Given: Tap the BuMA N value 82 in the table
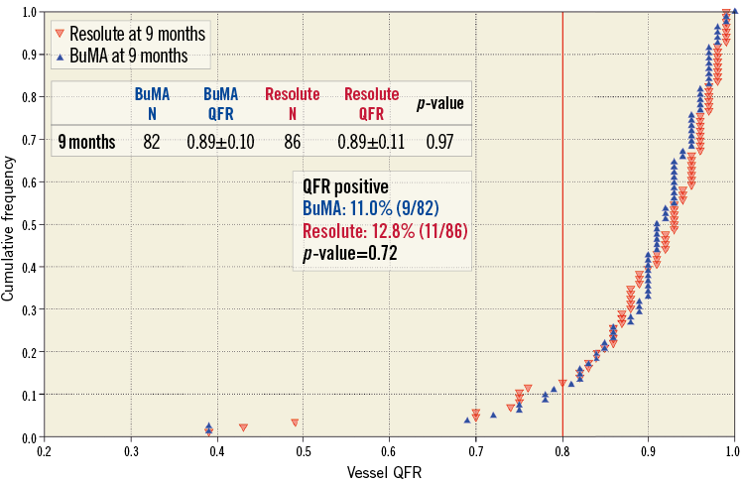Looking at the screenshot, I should pyautogui.click(x=152, y=142).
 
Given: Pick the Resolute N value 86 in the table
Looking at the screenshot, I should pyautogui.click(x=293, y=142).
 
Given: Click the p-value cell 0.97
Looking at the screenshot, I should pyautogui.click(x=439, y=142).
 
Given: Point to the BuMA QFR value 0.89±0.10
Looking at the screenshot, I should pyautogui.click(x=220, y=142).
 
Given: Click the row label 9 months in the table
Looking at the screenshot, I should pyautogui.click(x=86, y=142).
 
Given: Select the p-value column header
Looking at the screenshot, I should pyautogui.click(x=439, y=102).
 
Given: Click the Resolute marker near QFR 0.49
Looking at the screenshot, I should pyautogui.click(x=295, y=422).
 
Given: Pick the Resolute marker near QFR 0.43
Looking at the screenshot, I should pyautogui.click(x=244, y=427).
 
